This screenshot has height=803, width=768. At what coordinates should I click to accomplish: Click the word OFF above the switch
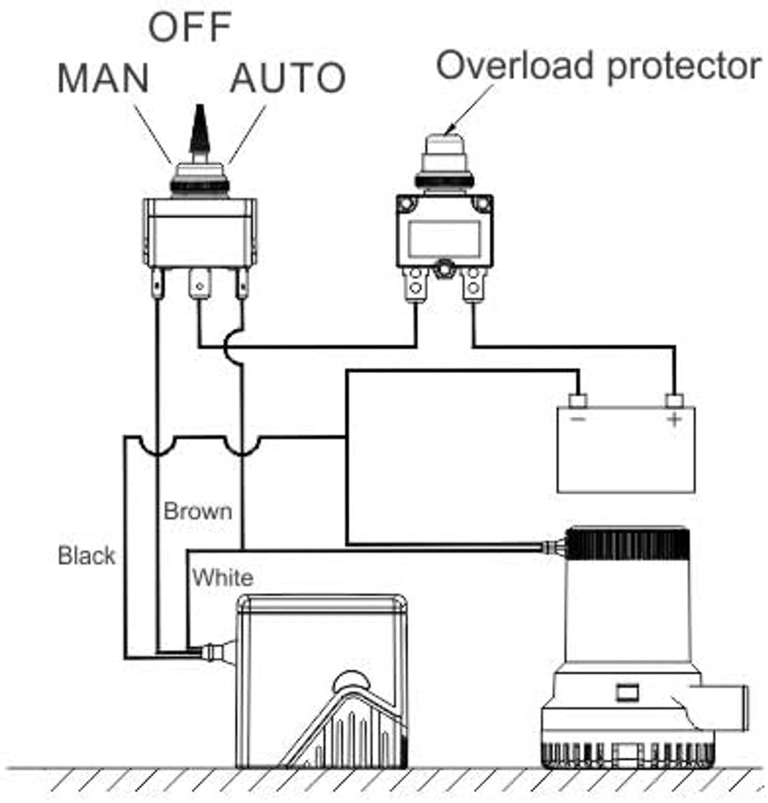(x=190, y=27)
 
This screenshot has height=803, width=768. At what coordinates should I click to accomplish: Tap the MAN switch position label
(x=104, y=78)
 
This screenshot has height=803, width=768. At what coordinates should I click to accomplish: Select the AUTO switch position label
(x=288, y=78)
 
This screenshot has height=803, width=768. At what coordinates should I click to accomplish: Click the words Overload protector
(x=599, y=66)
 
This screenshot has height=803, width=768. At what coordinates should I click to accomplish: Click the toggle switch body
(x=200, y=232)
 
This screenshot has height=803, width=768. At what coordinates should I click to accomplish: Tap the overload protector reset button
(x=444, y=151)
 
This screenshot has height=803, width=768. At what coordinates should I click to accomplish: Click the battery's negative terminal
(x=577, y=400)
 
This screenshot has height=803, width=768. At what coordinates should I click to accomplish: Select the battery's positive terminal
(x=674, y=400)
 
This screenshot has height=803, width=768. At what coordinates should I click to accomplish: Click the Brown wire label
(x=198, y=511)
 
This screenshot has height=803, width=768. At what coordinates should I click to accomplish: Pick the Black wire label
(x=86, y=556)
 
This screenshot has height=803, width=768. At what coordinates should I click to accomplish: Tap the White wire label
(x=223, y=578)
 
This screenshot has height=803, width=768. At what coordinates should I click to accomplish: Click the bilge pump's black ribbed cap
(x=627, y=544)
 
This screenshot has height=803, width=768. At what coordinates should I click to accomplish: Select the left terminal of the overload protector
(x=415, y=285)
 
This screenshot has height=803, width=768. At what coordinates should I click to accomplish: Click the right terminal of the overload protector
(x=473, y=285)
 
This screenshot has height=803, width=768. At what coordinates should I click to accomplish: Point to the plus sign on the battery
(x=675, y=419)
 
